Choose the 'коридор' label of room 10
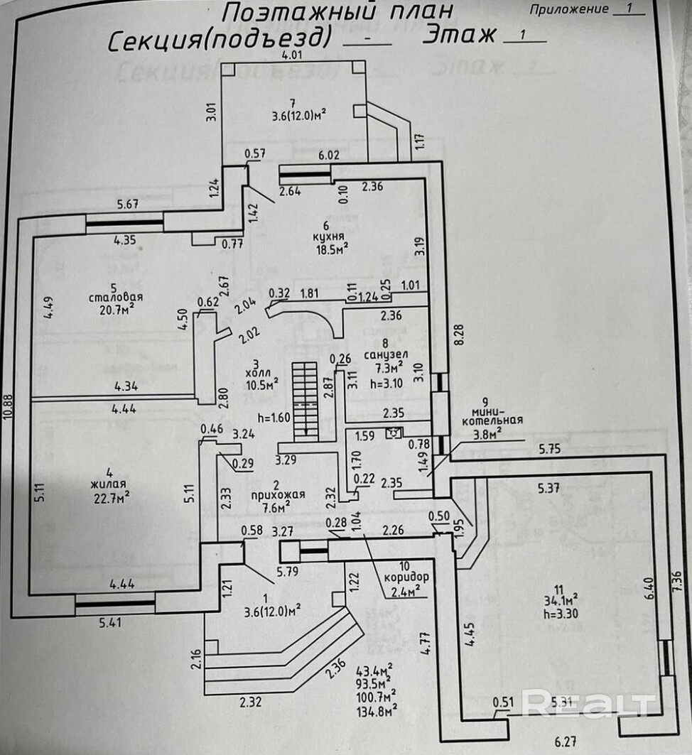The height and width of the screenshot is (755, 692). click(404, 577)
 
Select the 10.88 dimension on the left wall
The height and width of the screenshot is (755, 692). click(9, 409)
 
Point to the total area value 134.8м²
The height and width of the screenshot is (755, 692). click(377, 707)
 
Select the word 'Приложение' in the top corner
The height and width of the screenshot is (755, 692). click(568, 9)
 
